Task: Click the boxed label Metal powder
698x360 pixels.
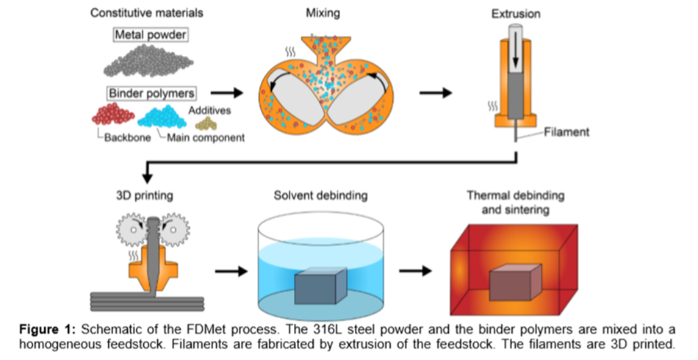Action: coord(150,35)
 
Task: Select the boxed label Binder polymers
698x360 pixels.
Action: coord(151,93)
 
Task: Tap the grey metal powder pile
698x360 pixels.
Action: coord(148,61)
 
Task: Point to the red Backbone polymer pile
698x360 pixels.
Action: coord(113,115)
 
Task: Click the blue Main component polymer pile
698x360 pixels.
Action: coord(162,117)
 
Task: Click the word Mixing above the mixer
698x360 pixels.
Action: coord(323,13)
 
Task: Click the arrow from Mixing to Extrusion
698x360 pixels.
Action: coord(436,93)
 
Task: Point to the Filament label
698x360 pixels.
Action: coord(566,132)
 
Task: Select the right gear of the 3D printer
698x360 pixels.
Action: coord(173,230)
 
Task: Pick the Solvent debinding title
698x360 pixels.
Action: coord(320,195)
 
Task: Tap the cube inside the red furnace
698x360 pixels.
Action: coord(516,281)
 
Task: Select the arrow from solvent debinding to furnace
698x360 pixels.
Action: coord(415,270)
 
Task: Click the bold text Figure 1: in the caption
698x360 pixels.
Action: coord(48,330)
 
